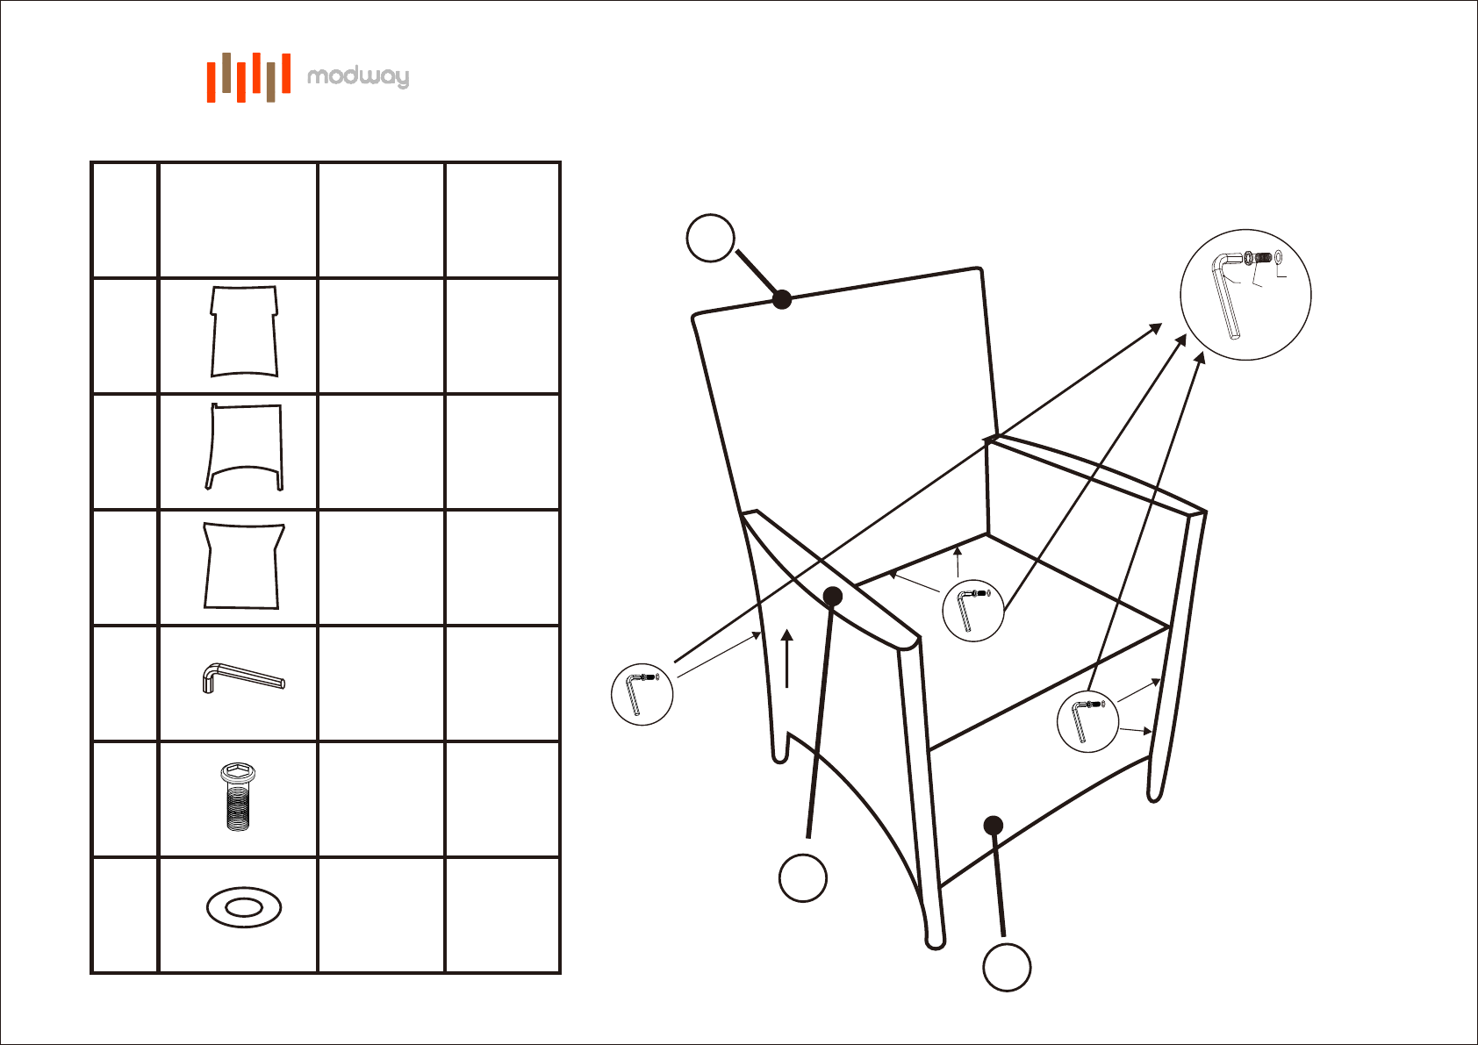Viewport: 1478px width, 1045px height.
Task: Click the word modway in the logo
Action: point(358,76)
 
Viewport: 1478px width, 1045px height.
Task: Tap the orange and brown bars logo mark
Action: point(248,77)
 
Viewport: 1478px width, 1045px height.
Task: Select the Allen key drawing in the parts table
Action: point(243,679)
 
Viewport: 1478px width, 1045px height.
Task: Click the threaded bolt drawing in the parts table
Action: point(238,797)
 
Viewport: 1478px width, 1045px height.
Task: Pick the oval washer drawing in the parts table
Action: point(244,907)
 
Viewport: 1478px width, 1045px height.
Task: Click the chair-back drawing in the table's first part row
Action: point(244,332)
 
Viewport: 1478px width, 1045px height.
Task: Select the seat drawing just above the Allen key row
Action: point(243,565)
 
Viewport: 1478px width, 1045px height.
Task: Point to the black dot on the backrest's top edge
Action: point(782,299)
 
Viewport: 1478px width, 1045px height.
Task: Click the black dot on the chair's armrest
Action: point(834,597)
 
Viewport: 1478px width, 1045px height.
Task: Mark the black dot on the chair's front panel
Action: point(993,825)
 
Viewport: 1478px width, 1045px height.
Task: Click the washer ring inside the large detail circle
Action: point(1279,256)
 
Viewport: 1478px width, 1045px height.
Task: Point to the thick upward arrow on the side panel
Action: point(786,658)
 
